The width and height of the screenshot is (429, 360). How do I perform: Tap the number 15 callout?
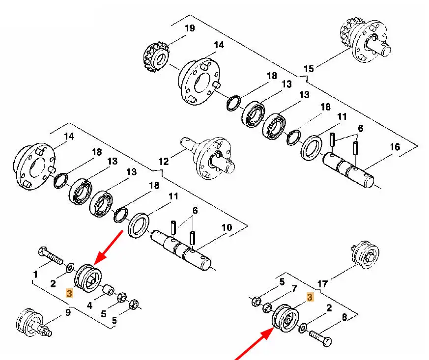(x=309, y=68)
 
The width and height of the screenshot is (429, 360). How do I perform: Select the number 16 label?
(x=395, y=147)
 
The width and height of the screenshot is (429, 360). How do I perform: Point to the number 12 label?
(x=163, y=161)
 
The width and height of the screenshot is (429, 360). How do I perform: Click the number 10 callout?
(x=227, y=227)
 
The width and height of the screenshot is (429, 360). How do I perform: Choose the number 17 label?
(x=322, y=283)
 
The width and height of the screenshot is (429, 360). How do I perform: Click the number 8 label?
(x=344, y=317)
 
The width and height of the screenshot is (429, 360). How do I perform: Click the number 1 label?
(x=35, y=273)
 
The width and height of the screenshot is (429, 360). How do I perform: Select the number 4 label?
(x=89, y=305)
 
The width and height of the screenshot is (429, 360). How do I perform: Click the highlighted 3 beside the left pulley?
(x=69, y=294)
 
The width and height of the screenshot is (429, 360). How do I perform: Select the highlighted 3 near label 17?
(x=310, y=297)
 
